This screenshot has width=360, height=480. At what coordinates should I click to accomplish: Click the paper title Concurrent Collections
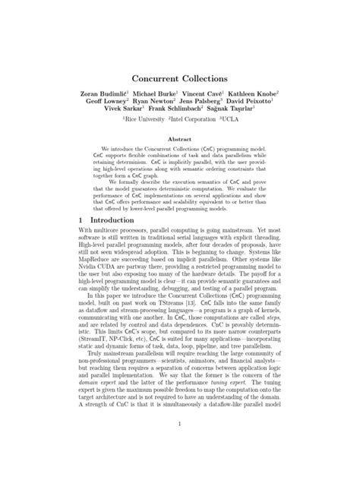click(179, 78)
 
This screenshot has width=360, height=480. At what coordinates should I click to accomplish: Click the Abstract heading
click(179, 141)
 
